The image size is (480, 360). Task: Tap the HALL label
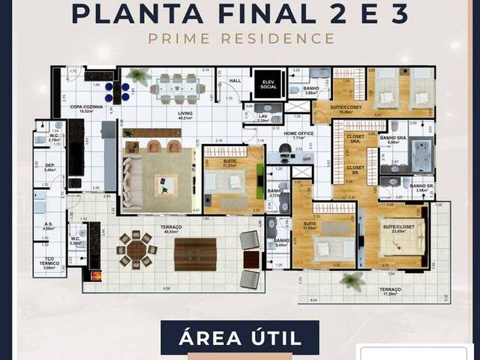[x=233, y=80]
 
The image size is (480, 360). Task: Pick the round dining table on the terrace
[x=136, y=249]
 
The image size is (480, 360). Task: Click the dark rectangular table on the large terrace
[x=195, y=253]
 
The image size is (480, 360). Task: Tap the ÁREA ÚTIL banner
[x=239, y=337]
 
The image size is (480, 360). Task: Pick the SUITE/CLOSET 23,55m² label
[x=395, y=227]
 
